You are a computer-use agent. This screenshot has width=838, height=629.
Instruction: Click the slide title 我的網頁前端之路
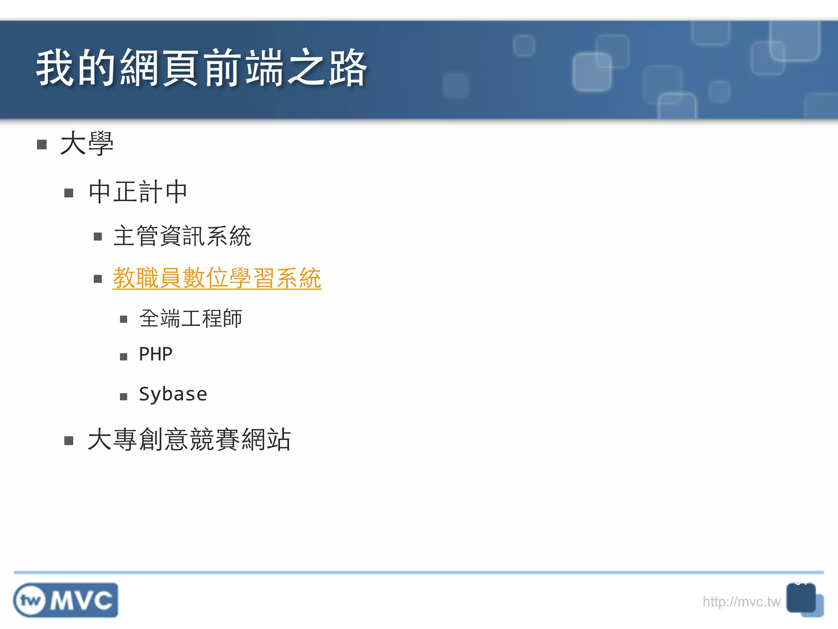click(201, 68)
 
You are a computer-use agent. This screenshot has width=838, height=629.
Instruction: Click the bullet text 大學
click(87, 143)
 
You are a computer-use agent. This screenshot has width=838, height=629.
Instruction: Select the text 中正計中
click(138, 192)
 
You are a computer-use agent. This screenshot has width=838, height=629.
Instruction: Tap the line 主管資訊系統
click(182, 236)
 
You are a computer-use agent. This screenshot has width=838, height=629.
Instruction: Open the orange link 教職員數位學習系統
click(217, 278)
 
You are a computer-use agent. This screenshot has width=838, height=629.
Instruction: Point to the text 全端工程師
click(191, 318)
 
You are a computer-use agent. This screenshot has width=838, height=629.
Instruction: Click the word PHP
click(155, 354)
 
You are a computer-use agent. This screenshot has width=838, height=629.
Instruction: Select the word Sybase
click(173, 394)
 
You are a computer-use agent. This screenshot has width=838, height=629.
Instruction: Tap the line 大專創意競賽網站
click(189, 440)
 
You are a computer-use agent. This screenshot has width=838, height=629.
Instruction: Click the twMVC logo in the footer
click(66, 600)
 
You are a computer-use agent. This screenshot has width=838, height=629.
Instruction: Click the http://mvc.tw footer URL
click(741, 602)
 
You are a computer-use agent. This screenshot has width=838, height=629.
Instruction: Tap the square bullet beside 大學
click(42, 145)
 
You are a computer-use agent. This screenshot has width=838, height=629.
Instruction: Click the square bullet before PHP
click(124, 357)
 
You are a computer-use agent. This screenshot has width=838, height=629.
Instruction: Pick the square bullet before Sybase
click(124, 396)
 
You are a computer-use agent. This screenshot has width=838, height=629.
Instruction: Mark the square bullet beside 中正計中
click(69, 193)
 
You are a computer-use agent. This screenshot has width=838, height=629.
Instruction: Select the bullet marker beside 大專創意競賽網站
click(69, 441)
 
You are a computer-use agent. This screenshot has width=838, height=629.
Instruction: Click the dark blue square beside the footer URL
click(801, 598)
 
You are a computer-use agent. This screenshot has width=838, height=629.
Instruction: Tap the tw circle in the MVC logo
click(31, 600)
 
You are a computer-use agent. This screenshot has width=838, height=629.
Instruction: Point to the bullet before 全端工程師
click(124, 319)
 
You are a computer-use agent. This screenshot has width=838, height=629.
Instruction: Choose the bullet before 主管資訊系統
click(98, 237)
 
